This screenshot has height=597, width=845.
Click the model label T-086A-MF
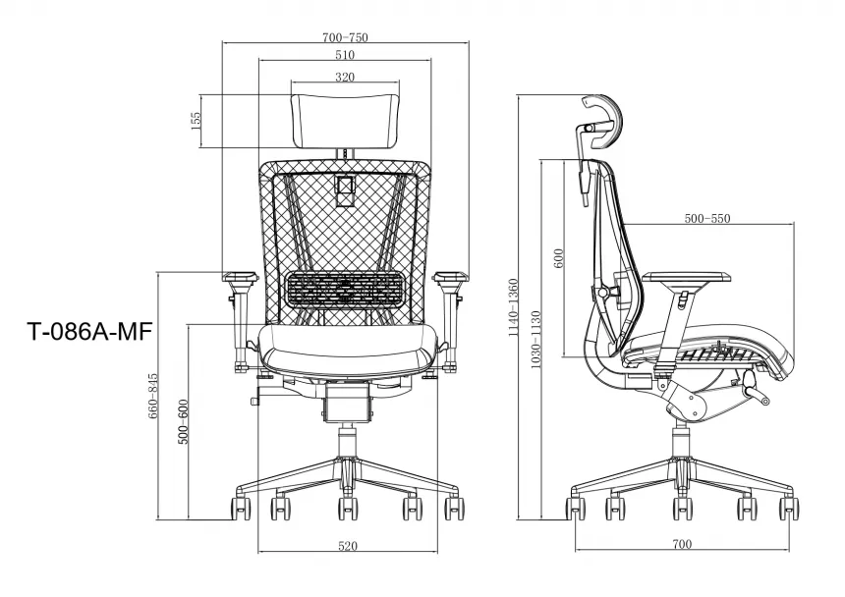pos(88,331)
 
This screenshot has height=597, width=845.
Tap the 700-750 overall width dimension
pos(345,37)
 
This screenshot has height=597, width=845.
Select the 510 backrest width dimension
pos(345,55)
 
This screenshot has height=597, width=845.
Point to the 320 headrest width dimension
pos(345,77)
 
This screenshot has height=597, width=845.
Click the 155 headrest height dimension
pos(196,121)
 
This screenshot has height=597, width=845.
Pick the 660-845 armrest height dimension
pos(153,397)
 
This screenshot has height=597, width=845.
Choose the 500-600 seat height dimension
pos(183,421)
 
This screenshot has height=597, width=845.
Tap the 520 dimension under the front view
pos(348,546)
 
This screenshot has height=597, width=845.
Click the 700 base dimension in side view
pos(682,544)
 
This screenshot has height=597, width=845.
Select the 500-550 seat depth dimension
pos(707,219)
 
